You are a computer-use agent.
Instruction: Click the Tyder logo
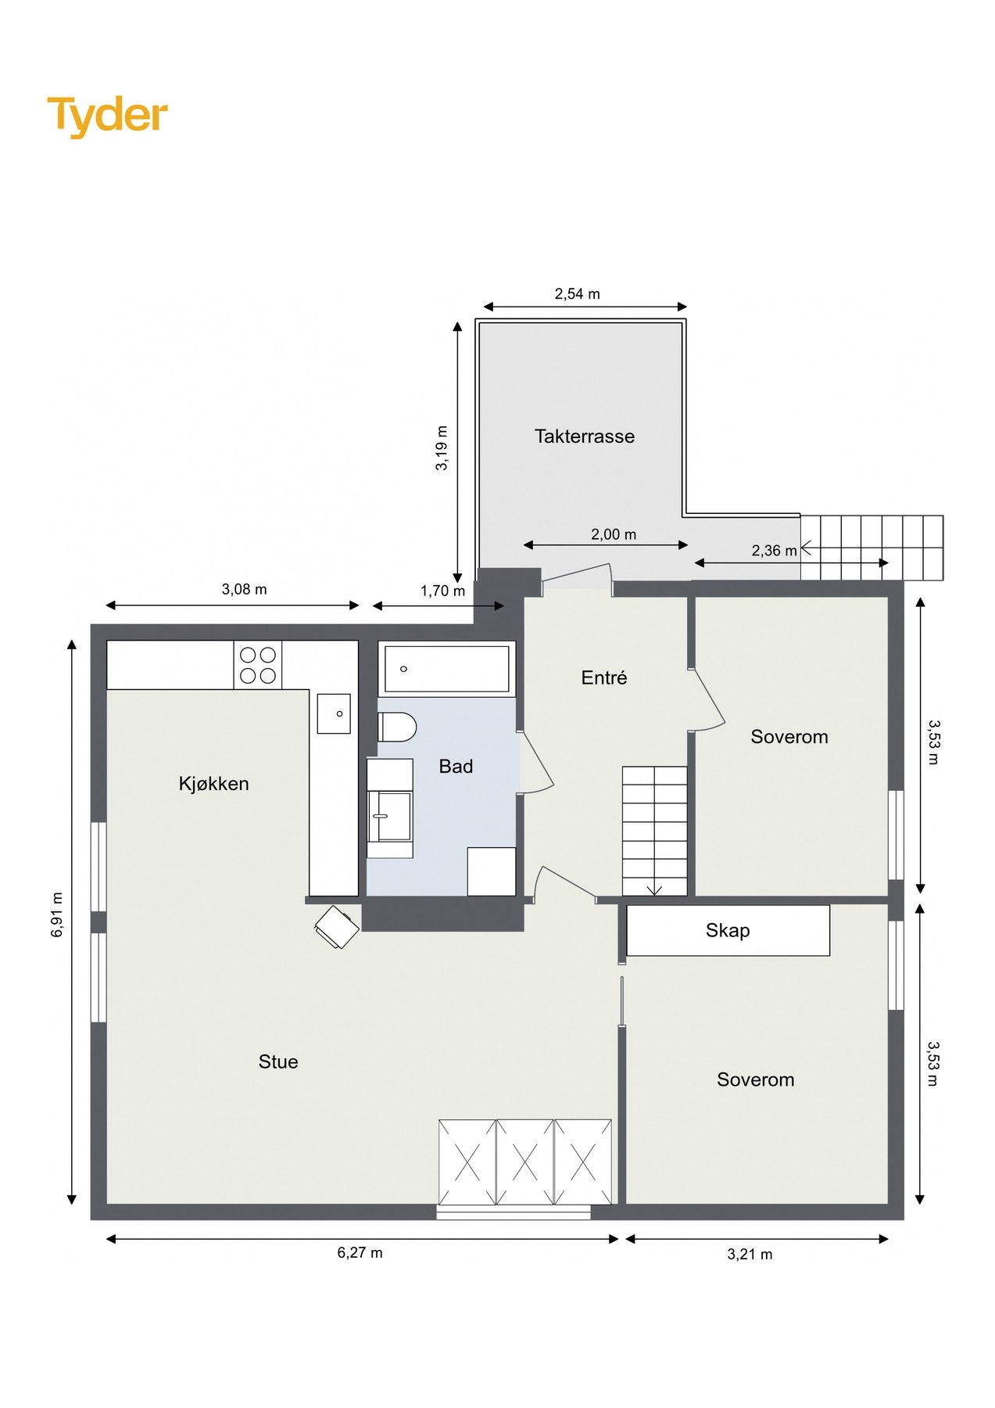click(x=107, y=117)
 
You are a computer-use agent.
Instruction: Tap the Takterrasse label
click(x=584, y=436)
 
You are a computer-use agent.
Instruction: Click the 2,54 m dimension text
click(x=577, y=294)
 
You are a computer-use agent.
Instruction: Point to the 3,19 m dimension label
click(x=442, y=448)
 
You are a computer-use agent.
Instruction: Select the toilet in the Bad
click(x=397, y=727)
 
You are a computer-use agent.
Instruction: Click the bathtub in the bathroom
click(x=446, y=669)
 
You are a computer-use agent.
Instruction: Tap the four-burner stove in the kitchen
click(x=257, y=665)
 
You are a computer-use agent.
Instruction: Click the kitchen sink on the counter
click(x=334, y=713)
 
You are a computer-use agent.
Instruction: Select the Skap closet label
click(x=727, y=930)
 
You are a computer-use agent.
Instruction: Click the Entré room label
click(x=603, y=677)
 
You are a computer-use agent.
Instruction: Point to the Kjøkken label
click(x=213, y=784)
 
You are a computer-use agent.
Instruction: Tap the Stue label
click(x=278, y=1061)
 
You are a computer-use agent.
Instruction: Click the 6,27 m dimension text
click(x=360, y=1252)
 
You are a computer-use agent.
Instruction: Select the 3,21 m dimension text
click(x=750, y=1254)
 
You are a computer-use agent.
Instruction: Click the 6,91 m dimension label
click(x=57, y=914)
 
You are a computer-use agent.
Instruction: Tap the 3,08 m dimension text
click(x=244, y=590)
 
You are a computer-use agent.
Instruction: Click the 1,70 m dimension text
click(x=442, y=591)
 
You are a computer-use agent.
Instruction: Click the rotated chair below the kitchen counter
click(x=337, y=927)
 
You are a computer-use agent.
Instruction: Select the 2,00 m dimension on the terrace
click(x=613, y=534)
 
